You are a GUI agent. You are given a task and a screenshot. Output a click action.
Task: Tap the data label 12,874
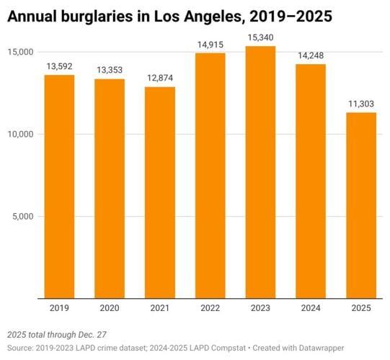pyautogui.click(x=160, y=78)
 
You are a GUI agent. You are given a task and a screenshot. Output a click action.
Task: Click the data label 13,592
pyautogui.click(x=59, y=66)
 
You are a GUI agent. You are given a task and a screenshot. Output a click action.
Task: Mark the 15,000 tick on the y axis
pyautogui.click(x=22, y=52)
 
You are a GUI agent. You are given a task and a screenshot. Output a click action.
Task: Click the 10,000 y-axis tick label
pyautogui.click(x=22, y=134)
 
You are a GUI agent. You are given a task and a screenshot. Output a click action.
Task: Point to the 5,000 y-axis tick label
pyautogui.click(x=24, y=216)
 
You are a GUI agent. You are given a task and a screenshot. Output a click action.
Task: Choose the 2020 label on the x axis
pyautogui.click(x=110, y=308)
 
